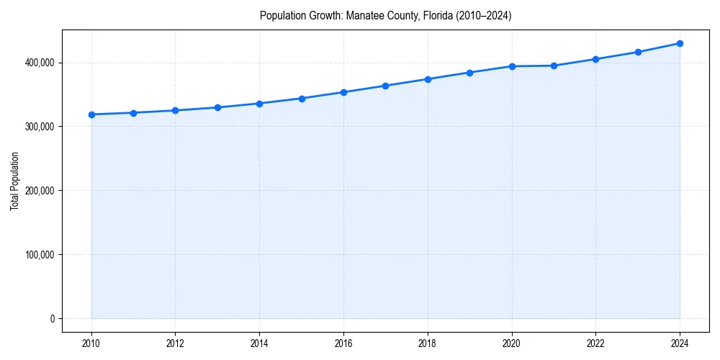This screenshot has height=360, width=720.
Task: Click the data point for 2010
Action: (x=91, y=114)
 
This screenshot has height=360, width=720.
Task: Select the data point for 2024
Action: (x=680, y=43)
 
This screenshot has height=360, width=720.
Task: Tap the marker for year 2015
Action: (x=302, y=99)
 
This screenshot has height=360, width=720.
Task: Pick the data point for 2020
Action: (x=512, y=66)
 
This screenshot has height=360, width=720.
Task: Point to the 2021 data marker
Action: (x=554, y=66)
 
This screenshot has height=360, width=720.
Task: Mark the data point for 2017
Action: (x=385, y=86)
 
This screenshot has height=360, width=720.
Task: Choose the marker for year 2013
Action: (x=217, y=107)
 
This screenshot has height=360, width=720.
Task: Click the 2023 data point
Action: (x=638, y=52)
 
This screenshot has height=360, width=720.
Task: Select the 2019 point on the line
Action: (x=469, y=73)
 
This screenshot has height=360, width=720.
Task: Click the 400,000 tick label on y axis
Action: (x=39, y=63)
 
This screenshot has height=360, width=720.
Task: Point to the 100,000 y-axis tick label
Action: (x=39, y=255)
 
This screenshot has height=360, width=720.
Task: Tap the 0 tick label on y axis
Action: (x=52, y=319)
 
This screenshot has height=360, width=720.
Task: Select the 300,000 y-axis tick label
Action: (x=39, y=127)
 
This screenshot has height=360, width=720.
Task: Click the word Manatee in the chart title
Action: (x=364, y=16)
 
